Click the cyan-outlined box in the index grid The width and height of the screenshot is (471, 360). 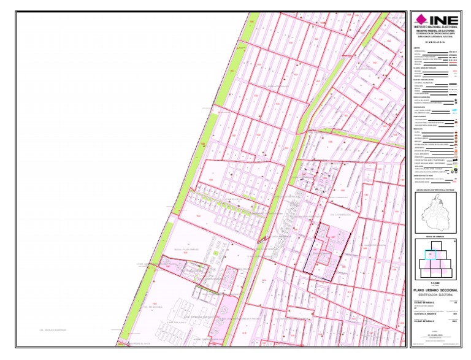point(431,253)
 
